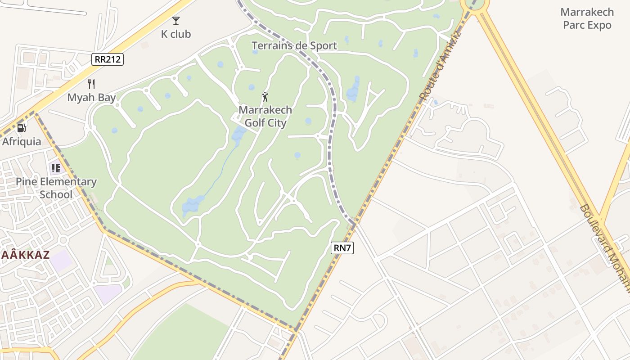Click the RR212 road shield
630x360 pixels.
pyautogui.click(x=108, y=59)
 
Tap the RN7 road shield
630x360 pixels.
pyautogui.click(x=342, y=247)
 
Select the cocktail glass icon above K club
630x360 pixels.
pyautogui.click(x=176, y=21)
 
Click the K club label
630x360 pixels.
pyautogui.click(x=176, y=34)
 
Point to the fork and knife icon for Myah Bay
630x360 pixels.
pyautogui.click(x=91, y=84)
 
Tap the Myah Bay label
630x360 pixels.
pyautogui.click(x=92, y=98)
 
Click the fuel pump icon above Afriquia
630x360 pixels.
pyautogui.click(x=21, y=128)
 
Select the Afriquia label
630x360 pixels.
pyautogui.click(x=22, y=142)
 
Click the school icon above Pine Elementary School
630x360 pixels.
pyautogui.click(x=56, y=168)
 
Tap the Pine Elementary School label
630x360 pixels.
pyautogui.click(x=56, y=188)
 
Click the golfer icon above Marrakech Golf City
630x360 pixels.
pyautogui.click(x=265, y=97)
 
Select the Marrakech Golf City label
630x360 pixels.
pyautogui.click(x=265, y=116)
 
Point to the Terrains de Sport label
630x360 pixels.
pyautogui.click(x=294, y=45)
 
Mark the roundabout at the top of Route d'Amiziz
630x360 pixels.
pyautogui.click(x=474, y=4)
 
